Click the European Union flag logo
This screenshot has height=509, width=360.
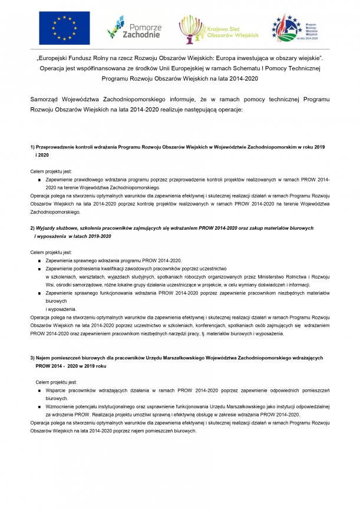[x=65, y=28]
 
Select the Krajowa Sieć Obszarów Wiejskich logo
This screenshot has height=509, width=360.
[x=218, y=28]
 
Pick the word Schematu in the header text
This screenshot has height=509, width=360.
[x=247, y=68]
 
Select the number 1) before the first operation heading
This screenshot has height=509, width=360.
[x=32, y=146]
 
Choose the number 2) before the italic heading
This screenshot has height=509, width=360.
[x=32, y=227]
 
